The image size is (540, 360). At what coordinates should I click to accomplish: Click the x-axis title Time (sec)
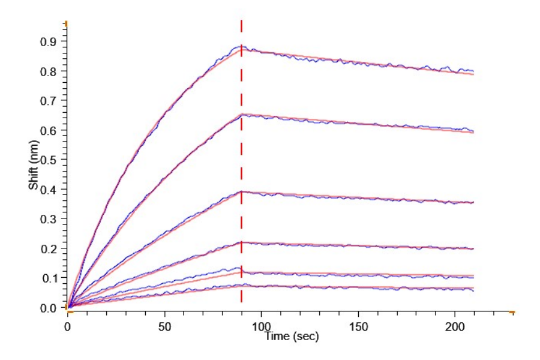tap(292, 337)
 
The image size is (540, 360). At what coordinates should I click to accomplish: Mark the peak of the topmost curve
tap(241, 46)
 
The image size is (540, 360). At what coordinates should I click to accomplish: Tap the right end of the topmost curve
tap(474, 71)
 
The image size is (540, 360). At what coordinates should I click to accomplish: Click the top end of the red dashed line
tap(241, 20)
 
